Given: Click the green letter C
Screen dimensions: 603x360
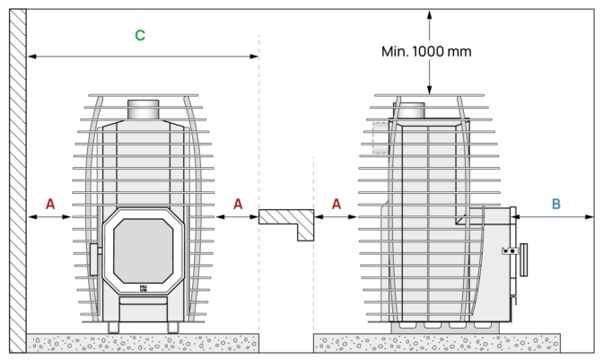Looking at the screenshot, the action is coord(140,35).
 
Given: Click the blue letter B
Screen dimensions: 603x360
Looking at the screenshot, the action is coord(555,204).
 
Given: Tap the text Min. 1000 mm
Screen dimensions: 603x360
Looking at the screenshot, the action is coord(426,51).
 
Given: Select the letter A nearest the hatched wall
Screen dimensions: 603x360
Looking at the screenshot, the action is coord(50,204).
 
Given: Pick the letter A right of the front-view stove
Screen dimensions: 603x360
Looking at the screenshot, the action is coord(238,204).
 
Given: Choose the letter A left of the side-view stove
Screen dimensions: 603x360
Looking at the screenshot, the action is coord(336,204).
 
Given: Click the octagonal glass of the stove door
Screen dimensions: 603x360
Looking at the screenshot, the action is coord(143,251).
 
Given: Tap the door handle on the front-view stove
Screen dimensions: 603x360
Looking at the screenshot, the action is coord(94,259).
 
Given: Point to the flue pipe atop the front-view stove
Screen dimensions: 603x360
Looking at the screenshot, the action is coord(143,110).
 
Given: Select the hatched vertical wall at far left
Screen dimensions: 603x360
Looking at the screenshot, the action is coord(18,180).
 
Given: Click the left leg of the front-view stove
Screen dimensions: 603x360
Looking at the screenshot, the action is coord(114,328).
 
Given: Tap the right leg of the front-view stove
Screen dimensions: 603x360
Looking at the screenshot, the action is coord(173,328).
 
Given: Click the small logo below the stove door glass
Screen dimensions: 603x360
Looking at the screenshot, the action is coord(143,288).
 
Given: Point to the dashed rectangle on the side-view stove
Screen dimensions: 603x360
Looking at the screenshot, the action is coord(380,137).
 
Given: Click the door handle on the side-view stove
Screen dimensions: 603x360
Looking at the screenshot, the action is coord(523,259).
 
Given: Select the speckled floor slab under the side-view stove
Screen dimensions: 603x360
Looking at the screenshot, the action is coord(437,343).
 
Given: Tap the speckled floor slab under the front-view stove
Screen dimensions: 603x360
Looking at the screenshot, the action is coord(143,343).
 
